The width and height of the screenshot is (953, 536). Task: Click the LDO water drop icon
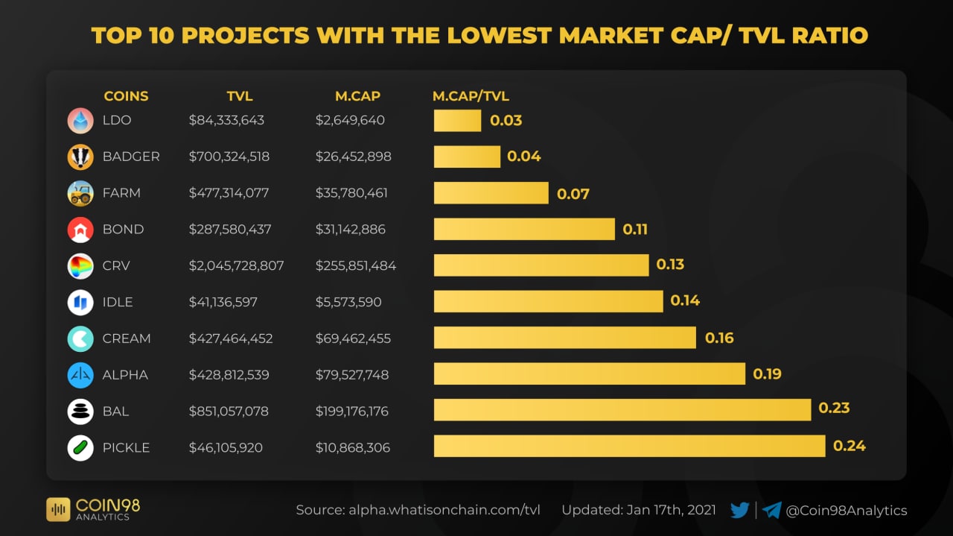click(80, 121)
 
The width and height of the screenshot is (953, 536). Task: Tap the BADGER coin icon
click(80, 157)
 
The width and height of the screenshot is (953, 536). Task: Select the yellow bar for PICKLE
click(629, 446)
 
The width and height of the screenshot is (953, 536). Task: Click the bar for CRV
click(541, 265)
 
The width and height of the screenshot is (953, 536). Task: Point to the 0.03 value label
click(506, 121)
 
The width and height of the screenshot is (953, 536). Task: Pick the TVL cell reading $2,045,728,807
click(236, 265)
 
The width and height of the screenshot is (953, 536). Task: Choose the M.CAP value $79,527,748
click(352, 374)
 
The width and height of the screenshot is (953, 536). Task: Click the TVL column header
click(240, 96)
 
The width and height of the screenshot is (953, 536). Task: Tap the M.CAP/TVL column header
click(471, 96)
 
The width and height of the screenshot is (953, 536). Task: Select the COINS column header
click(126, 96)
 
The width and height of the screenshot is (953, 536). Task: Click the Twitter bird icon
click(740, 511)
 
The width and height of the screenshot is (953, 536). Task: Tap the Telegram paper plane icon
click(772, 511)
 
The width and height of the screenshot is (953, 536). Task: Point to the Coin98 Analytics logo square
click(58, 509)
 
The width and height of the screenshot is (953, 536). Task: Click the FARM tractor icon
click(80, 193)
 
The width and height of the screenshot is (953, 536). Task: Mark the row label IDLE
click(118, 302)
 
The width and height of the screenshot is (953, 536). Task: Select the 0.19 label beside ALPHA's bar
click(768, 373)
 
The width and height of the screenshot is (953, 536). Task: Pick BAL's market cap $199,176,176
click(352, 411)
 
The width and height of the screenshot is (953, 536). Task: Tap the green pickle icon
click(80, 447)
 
